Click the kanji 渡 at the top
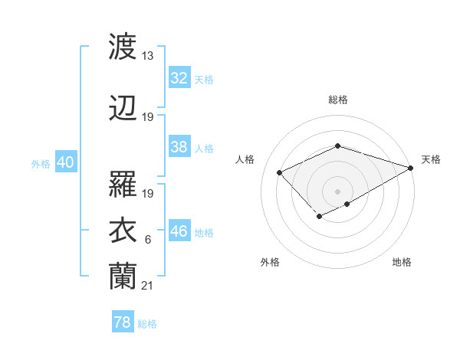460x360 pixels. (x=123, y=47)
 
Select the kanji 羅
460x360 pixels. (x=123, y=185)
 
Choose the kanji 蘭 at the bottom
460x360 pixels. (x=123, y=277)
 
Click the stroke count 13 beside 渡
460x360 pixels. (x=148, y=56)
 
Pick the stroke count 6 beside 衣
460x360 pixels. (x=148, y=240)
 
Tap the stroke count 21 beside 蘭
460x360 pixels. (x=148, y=286)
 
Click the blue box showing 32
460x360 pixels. (x=179, y=78)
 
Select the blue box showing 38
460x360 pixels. (x=179, y=147)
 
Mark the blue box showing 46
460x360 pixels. (x=179, y=231)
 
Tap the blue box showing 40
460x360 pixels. (x=65, y=162)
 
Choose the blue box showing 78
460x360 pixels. (x=122, y=322)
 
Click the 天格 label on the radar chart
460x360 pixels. (x=431, y=159)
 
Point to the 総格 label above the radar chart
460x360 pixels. (x=337, y=100)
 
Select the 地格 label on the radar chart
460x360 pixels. (x=402, y=262)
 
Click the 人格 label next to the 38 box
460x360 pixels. (x=203, y=148)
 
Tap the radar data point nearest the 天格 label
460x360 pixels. (x=411, y=167)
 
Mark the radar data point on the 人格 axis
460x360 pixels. (x=280, y=172)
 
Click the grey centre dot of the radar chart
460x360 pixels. (x=337, y=191)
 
